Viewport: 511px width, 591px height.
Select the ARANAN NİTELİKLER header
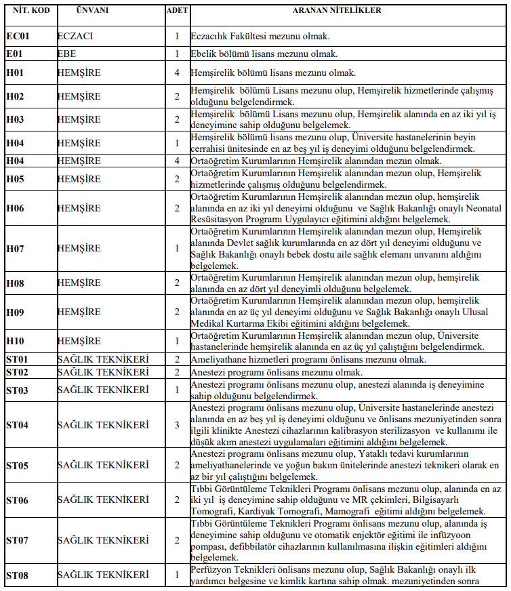[x=346, y=10]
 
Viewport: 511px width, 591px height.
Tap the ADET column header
[x=177, y=10]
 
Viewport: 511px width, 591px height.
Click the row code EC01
[x=18, y=35]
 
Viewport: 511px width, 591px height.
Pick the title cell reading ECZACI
[x=75, y=35]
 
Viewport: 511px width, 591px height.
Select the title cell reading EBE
[x=67, y=53]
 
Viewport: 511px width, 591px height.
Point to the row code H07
[x=16, y=249]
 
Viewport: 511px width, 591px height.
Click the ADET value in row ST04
[x=177, y=425]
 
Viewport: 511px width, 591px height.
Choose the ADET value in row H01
[x=177, y=73]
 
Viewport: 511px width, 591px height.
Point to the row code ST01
[x=18, y=359]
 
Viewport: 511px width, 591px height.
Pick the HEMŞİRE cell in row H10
[x=79, y=341]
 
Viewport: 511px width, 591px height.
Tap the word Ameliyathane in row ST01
[x=220, y=359]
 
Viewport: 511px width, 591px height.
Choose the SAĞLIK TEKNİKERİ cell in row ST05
[x=103, y=465]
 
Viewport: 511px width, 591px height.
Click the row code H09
[x=16, y=312]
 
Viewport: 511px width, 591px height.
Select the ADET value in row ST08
[x=177, y=575]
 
